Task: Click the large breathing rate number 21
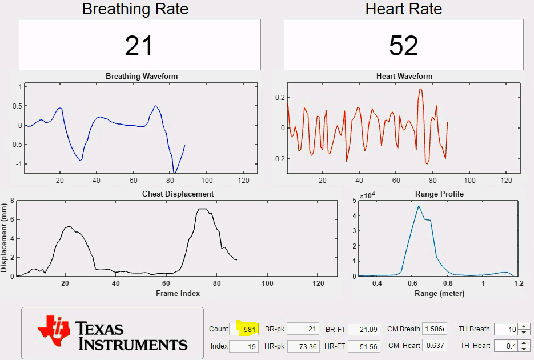[139, 46]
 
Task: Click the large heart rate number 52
[403, 46]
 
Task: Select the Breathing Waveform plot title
[142, 76]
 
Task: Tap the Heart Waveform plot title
[404, 76]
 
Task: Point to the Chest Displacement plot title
[178, 194]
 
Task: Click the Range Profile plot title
[439, 194]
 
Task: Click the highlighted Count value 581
[248, 329]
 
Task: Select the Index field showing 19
[244, 346]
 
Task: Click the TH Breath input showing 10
[506, 329]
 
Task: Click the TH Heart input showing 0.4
[506, 346]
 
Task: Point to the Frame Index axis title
[178, 293]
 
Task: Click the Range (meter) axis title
[439, 293]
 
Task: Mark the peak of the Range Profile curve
[419, 206]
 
